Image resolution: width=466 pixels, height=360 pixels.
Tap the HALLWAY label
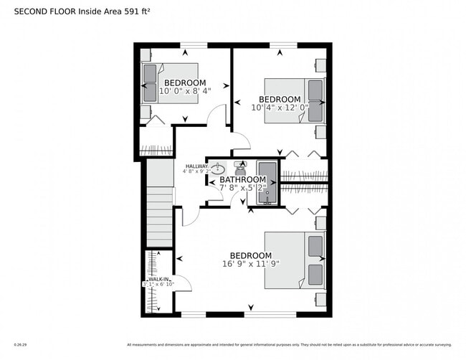click(x=196, y=166)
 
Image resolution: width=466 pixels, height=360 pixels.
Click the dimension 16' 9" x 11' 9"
click(x=250, y=264)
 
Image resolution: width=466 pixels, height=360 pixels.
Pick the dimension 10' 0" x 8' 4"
click(x=185, y=91)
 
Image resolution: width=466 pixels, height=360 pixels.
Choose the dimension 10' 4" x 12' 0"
click(x=279, y=108)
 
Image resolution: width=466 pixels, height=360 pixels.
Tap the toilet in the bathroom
click(x=240, y=169)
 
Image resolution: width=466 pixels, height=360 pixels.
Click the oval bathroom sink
click(x=217, y=169)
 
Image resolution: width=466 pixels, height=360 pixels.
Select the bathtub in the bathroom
click(x=267, y=183)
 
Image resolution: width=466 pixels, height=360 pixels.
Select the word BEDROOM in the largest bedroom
click(x=250, y=255)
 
